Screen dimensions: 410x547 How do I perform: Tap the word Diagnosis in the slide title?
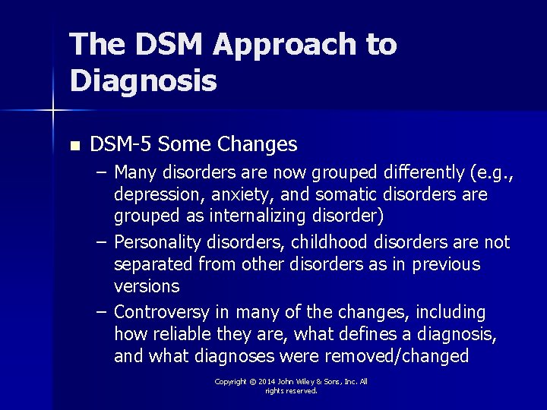(x=144, y=80)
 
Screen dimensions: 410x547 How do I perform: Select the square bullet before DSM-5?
(x=74, y=145)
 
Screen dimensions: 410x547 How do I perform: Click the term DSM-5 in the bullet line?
(x=119, y=143)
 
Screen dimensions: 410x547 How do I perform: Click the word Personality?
(x=157, y=242)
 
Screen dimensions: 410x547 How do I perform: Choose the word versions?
(x=147, y=286)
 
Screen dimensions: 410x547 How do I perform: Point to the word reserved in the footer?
(x=301, y=391)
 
